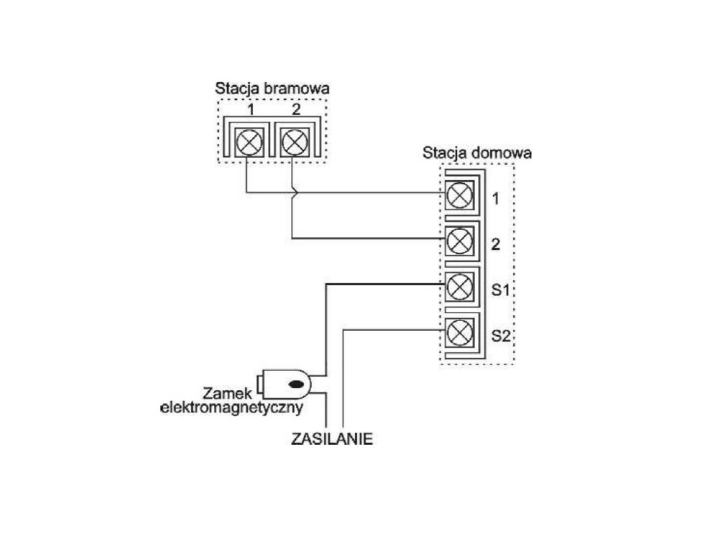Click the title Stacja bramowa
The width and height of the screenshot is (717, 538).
tap(272, 89)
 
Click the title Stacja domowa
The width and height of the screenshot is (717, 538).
tap(477, 153)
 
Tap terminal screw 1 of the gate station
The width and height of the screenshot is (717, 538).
tap(249, 143)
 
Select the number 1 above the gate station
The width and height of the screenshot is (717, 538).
tap(250, 109)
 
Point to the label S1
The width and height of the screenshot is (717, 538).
tap(500, 290)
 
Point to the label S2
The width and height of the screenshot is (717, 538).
tap(500, 336)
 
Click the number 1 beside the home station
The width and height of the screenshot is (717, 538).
tap(496, 200)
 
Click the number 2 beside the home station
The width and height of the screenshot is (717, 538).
tap(496, 245)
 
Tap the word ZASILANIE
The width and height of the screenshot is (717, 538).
tap(331, 440)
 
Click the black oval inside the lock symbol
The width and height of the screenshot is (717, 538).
tap(297, 384)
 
